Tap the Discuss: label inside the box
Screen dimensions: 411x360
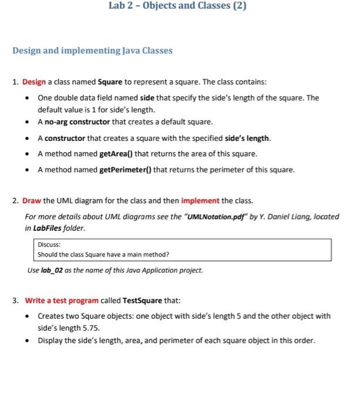pos(48,245)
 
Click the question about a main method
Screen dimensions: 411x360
pos(103,255)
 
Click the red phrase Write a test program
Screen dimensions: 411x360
pos(62,301)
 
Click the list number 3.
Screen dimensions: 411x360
pos(16,301)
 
